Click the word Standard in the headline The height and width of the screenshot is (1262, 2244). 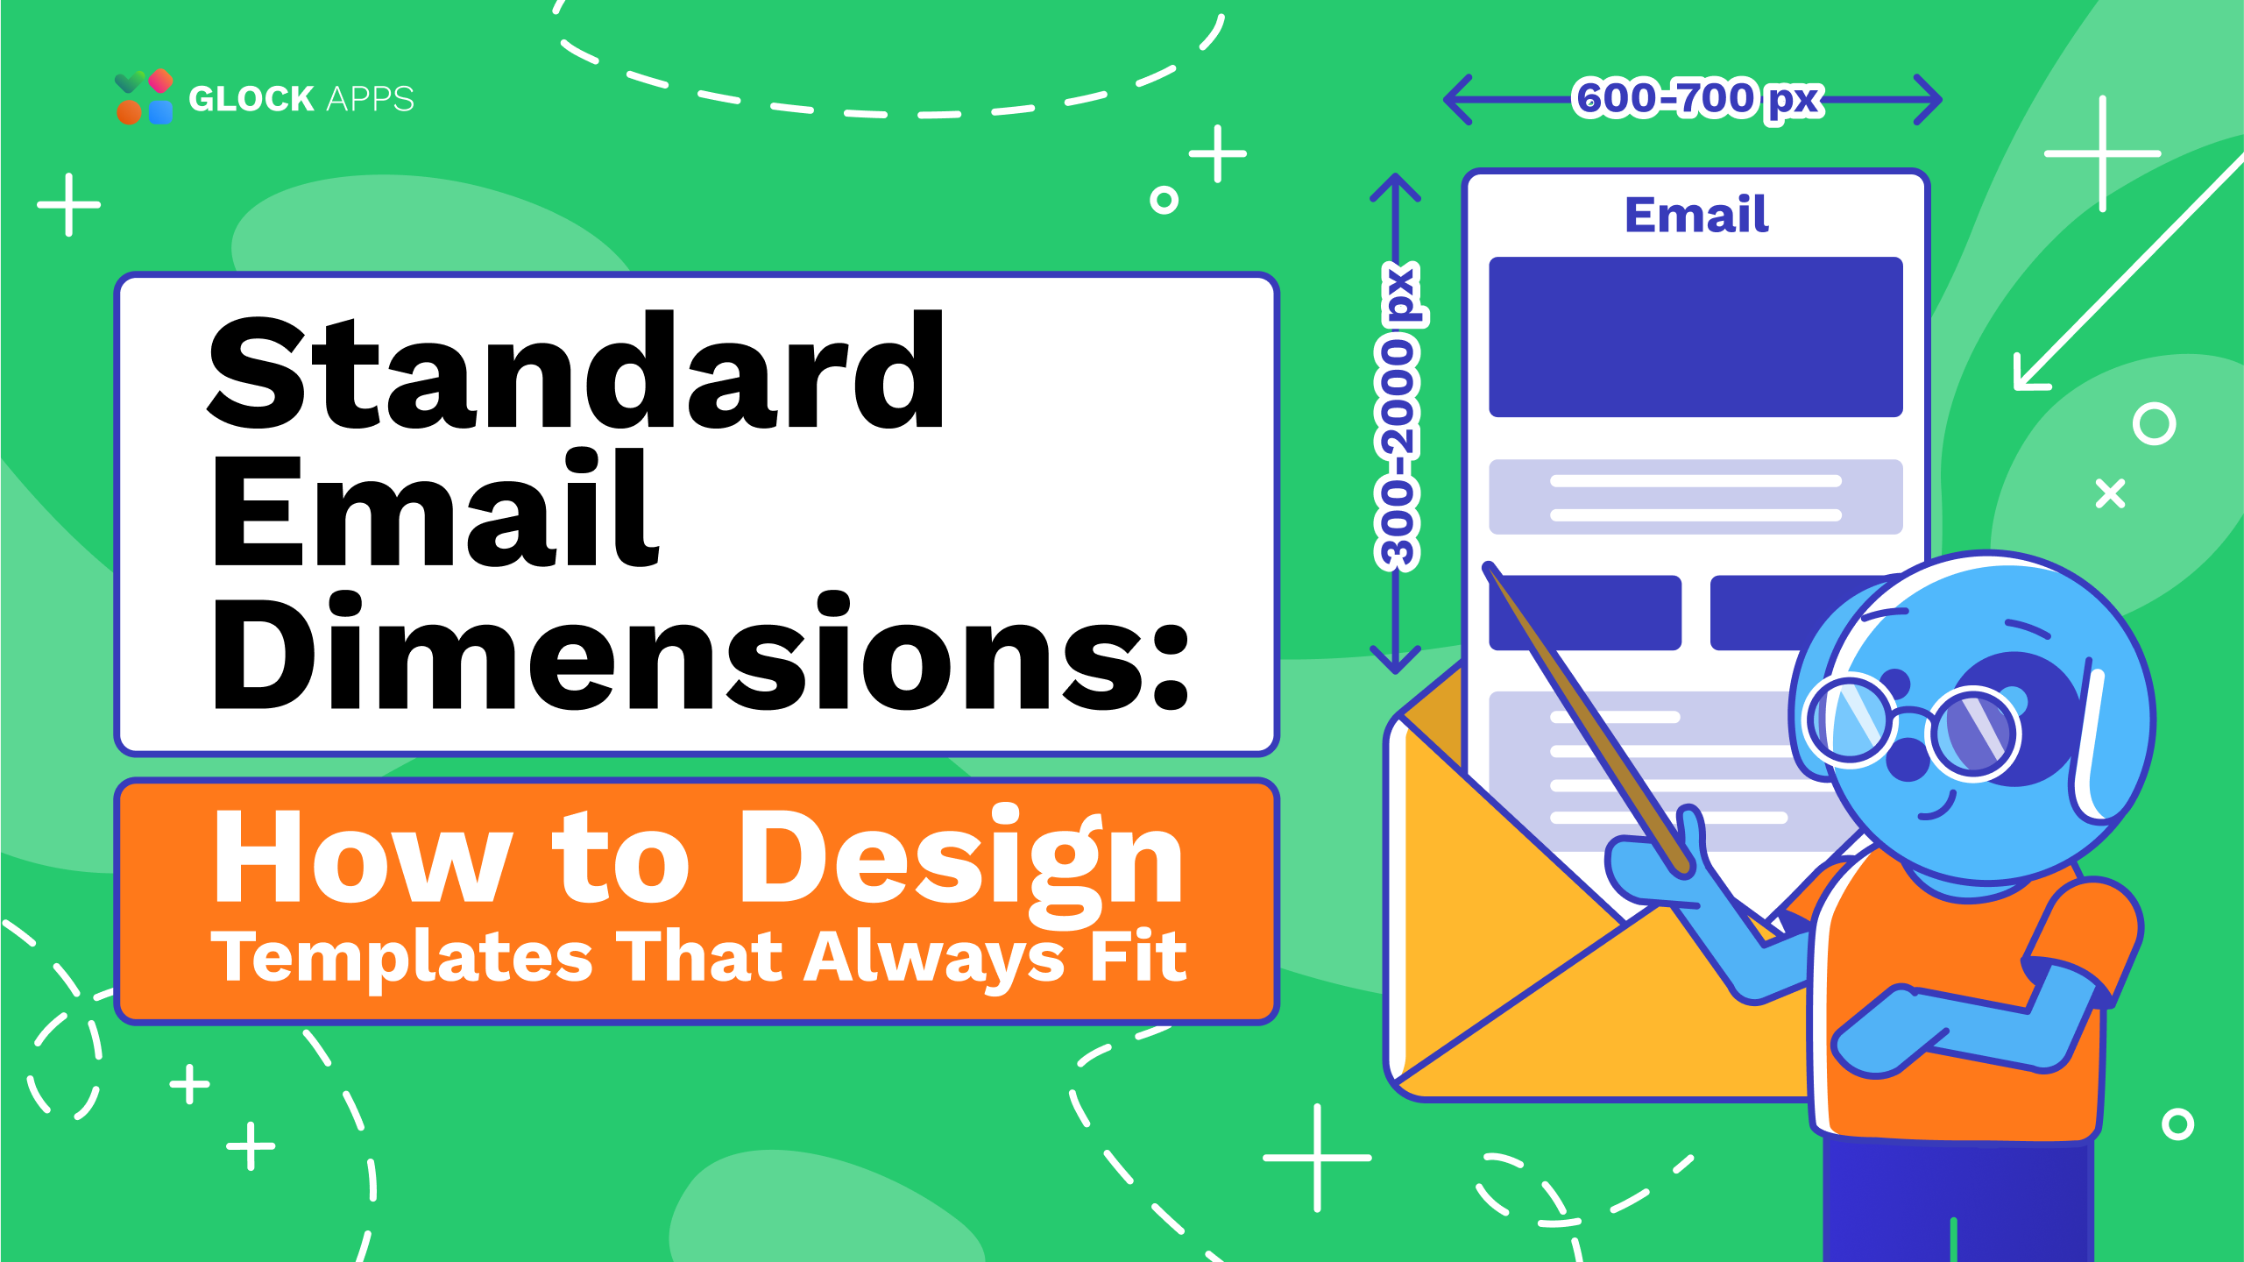click(576, 372)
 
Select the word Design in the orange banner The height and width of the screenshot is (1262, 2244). click(961, 863)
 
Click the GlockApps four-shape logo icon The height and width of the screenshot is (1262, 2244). click(145, 96)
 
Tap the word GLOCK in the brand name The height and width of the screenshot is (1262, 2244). click(251, 98)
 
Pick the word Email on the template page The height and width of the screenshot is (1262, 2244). click(1696, 215)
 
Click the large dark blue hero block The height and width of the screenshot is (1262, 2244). click(1695, 337)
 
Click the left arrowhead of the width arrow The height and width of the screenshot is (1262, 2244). click(1457, 100)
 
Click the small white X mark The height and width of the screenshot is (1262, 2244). click(2110, 493)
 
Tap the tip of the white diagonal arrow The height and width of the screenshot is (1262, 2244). click(2017, 386)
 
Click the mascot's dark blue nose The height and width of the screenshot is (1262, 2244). click(1908, 760)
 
